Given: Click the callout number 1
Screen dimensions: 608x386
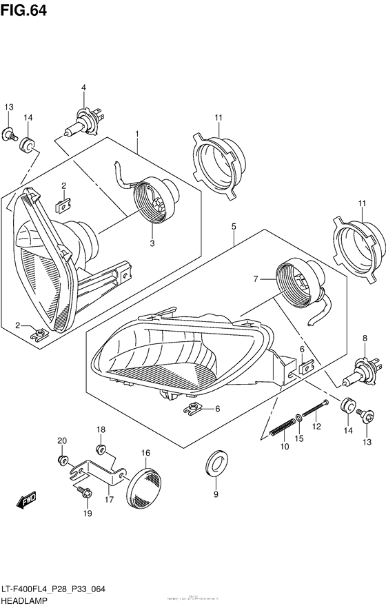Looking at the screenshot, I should pos(137,132).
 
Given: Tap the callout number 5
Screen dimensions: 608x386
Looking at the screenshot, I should pos(234,226).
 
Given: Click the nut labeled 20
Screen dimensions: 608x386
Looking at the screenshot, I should pos(62,460).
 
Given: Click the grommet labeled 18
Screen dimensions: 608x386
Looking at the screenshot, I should pos(101,450).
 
